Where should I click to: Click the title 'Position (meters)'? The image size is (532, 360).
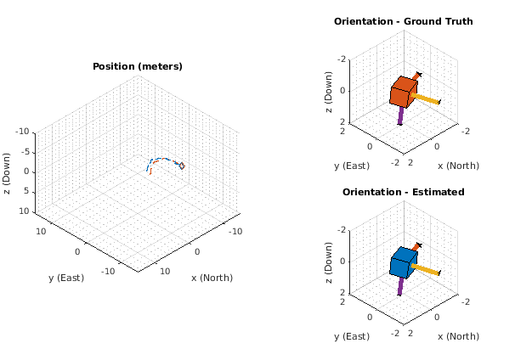(x=137, y=66)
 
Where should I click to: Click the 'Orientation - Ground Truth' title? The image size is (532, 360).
(x=403, y=21)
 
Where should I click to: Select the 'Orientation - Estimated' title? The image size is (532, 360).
(x=403, y=192)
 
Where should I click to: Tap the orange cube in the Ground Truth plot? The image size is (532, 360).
(x=403, y=91)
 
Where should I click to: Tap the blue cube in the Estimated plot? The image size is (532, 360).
(x=403, y=262)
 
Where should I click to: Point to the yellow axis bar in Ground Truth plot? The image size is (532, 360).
(x=427, y=99)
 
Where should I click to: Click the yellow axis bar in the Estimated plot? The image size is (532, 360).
(x=427, y=270)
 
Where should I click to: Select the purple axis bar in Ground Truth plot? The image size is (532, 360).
(x=399, y=115)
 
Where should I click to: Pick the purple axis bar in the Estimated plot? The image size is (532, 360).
(x=399, y=286)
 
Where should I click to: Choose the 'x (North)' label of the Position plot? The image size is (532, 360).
(x=212, y=278)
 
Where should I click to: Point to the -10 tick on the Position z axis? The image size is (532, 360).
(x=22, y=132)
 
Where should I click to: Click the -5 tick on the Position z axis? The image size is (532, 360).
(x=25, y=152)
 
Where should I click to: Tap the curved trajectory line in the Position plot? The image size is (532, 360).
(x=166, y=159)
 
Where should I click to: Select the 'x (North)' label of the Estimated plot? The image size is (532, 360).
(x=457, y=336)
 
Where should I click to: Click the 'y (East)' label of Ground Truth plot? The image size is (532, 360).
(x=351, y=166)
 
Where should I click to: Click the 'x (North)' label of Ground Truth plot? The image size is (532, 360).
(x=457, y=166)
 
